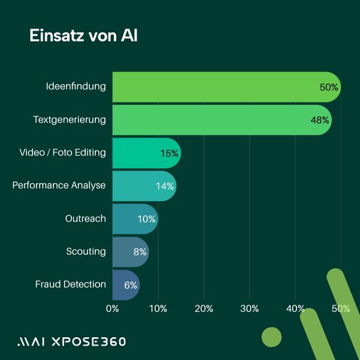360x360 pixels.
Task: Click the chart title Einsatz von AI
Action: coord(83,35)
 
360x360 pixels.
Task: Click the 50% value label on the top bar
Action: coord(329,87)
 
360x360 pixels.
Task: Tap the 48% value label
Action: coord(320,120)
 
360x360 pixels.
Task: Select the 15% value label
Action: coord(169,153)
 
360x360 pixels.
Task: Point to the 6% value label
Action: coord(131,285)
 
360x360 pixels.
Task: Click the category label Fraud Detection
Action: coord(70,284)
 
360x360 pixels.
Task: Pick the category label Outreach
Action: coord(85,218)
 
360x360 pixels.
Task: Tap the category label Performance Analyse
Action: coord(59,185)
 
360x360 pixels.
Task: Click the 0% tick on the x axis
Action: coord(112,308)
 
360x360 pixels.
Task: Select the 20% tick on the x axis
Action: coord(203,308)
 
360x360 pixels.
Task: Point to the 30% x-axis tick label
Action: coord(249,308)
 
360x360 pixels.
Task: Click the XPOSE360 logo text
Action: coord(89,341)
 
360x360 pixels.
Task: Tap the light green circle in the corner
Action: coord(272,337)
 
